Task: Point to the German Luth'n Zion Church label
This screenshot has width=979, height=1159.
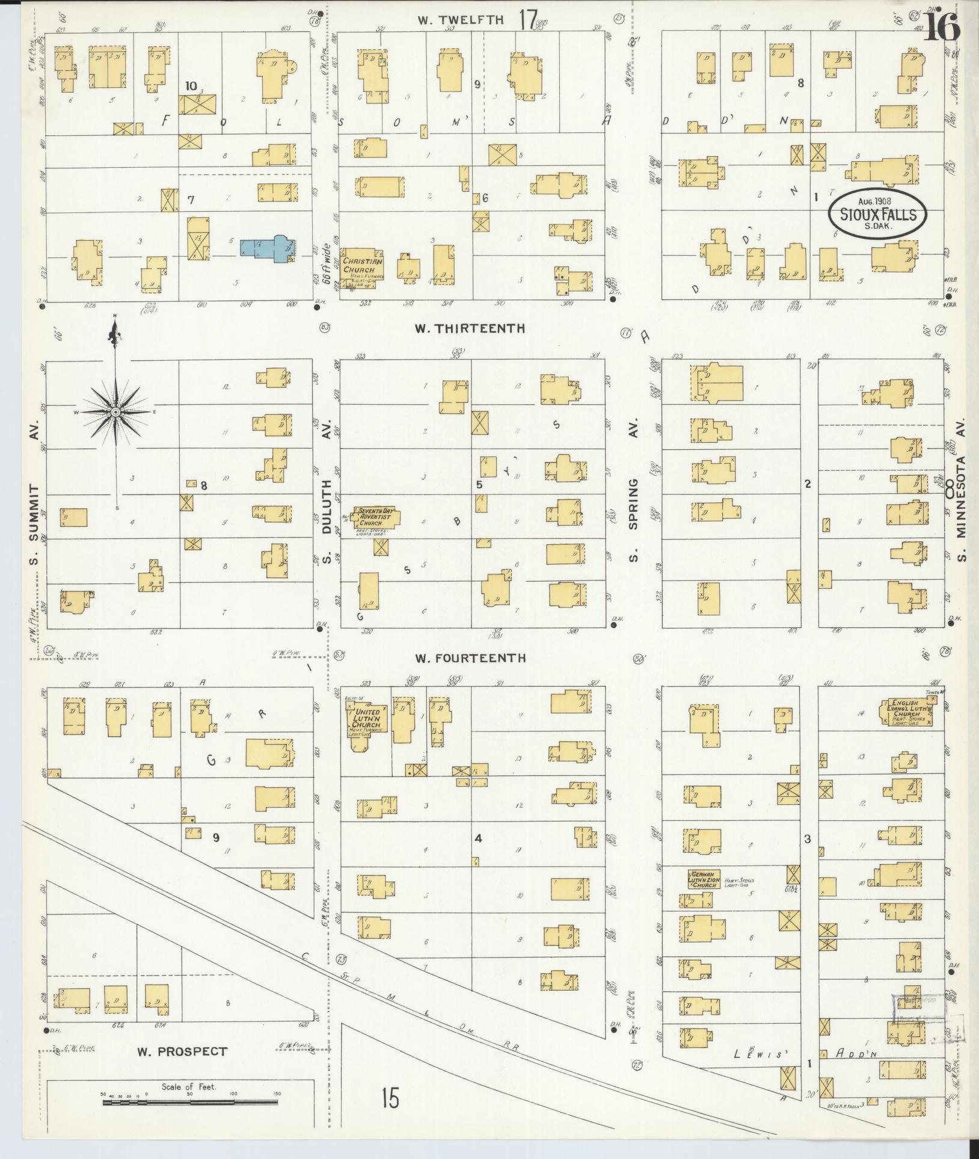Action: [703, 879]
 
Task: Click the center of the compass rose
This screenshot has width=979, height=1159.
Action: [115, 411]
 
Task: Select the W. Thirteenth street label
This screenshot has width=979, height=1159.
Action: [470, 328]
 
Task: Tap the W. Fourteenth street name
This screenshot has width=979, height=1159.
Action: [470, 658]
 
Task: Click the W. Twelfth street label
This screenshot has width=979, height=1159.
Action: [461, 20]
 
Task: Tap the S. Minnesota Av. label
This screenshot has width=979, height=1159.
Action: [961, 506]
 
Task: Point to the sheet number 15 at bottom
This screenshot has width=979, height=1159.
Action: [390, 1099]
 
